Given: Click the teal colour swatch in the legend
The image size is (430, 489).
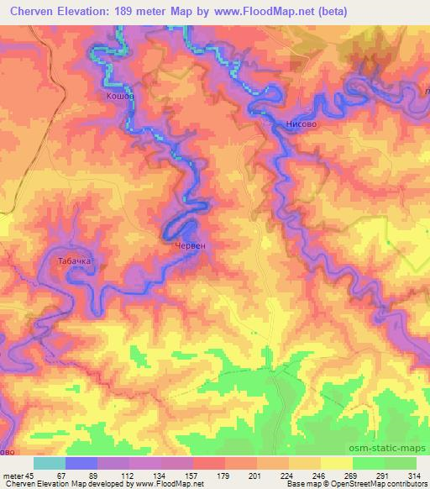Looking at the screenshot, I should coord(50,463).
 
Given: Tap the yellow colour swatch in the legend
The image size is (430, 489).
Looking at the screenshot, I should coord(335,463).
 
